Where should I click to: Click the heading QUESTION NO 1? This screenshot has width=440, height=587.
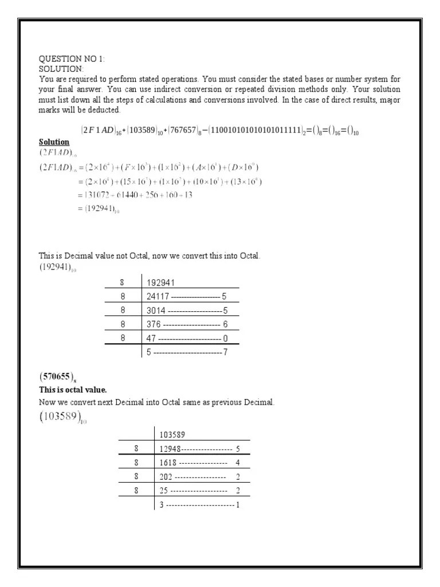click(72, 59)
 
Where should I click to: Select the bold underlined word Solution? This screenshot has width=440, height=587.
click(54, 142)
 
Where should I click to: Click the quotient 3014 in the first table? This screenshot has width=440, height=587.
click(156, 310)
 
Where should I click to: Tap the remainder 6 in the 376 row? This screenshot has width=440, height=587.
click(225, 324)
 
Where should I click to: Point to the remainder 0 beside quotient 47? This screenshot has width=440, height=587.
click(225, 338)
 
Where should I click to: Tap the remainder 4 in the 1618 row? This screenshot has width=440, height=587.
click(238, 463)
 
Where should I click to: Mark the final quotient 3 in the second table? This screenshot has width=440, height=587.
click(162, 505)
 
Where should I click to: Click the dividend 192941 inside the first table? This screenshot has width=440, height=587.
click(161, 282)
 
